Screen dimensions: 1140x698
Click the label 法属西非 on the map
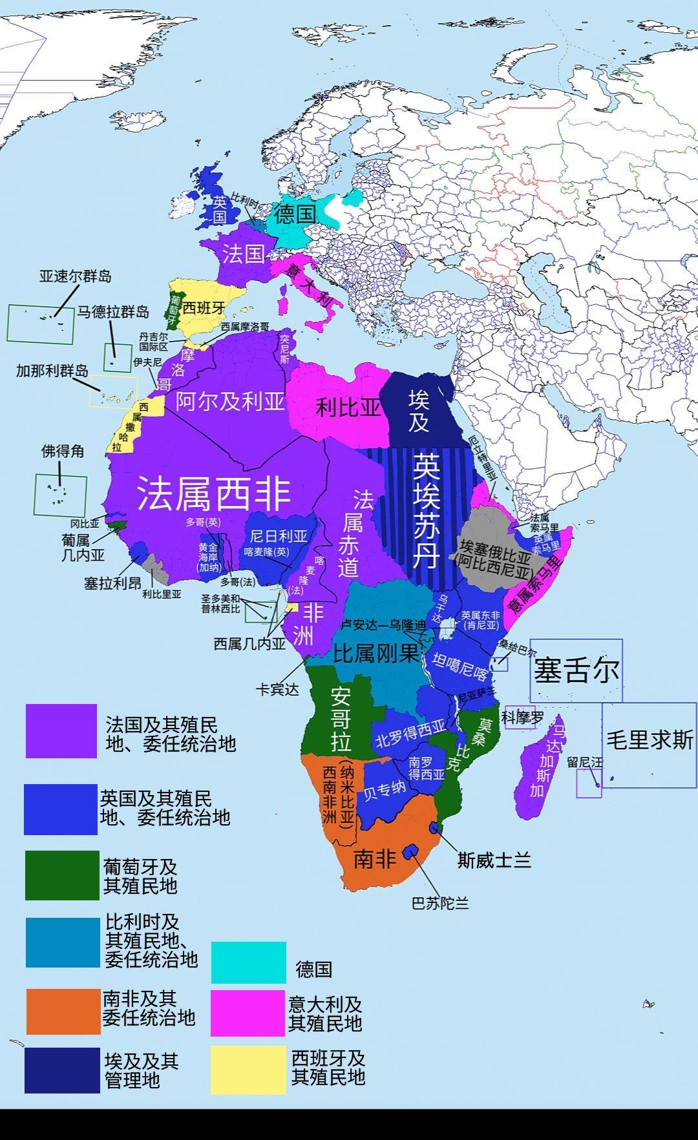point(214,494)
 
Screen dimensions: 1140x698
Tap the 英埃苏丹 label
point(426,510)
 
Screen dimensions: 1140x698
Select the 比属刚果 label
point(375,654)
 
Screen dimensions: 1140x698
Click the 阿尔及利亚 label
point(230,401)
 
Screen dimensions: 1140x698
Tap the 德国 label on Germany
point(295,213)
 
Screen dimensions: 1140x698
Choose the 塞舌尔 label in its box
point(575,670)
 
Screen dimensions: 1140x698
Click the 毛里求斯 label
point(649,739)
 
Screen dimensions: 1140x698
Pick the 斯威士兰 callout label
point(494,860)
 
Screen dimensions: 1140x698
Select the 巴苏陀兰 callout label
point(439,904)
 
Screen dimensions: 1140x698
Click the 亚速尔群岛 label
point(75,276)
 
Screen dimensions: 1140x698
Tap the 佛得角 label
point(63,451)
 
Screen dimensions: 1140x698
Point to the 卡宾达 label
point(277,689)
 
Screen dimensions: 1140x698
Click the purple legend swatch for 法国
point(61,731)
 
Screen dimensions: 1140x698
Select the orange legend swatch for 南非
point(63,1011)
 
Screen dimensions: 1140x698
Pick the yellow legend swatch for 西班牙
point(248,1070)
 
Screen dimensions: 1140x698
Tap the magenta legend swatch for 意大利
point(248,1013)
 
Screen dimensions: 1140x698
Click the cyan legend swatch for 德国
point(249,962)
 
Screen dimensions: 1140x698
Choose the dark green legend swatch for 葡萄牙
point(62,875)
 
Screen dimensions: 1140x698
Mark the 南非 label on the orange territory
point(375,859)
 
